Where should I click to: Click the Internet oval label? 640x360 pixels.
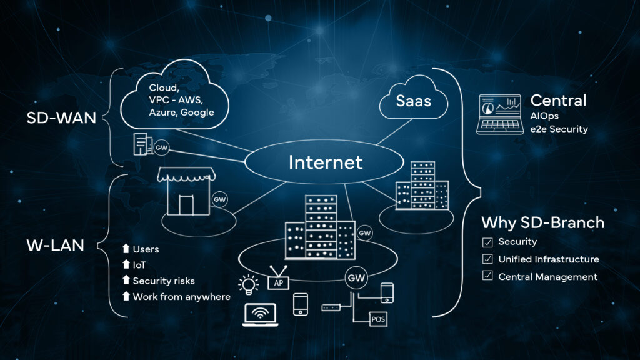click(325, 162)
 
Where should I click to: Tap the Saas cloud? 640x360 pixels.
click(412, 100)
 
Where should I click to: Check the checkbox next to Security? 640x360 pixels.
click(487, 242)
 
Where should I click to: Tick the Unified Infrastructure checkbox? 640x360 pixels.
click(487, 259)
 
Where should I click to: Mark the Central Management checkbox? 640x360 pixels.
click(487, 277)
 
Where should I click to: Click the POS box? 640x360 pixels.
click(379, 319)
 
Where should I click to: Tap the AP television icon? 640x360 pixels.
click(278, 281)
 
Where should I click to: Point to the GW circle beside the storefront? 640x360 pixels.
click(219, 199)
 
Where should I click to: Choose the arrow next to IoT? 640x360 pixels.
click(126, 265)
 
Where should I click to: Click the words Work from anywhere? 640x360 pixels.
click(181, 297)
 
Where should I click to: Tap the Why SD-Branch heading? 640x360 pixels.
click(542, 222)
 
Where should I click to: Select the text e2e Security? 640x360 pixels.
click(559, 129)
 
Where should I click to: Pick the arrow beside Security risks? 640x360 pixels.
click(126, 281)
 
